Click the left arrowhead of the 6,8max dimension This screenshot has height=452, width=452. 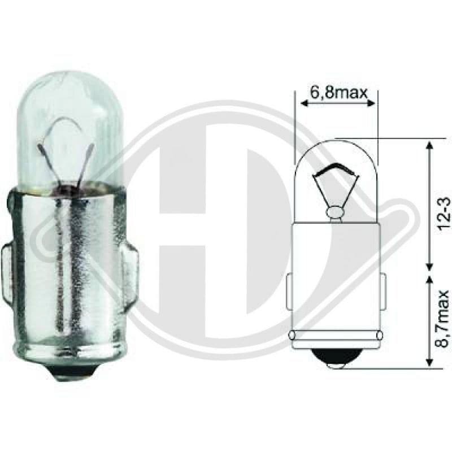pyautogui.click(x=303, y=103)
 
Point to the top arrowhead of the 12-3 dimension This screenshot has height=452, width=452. pyautogui.click(x=429, y=145)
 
